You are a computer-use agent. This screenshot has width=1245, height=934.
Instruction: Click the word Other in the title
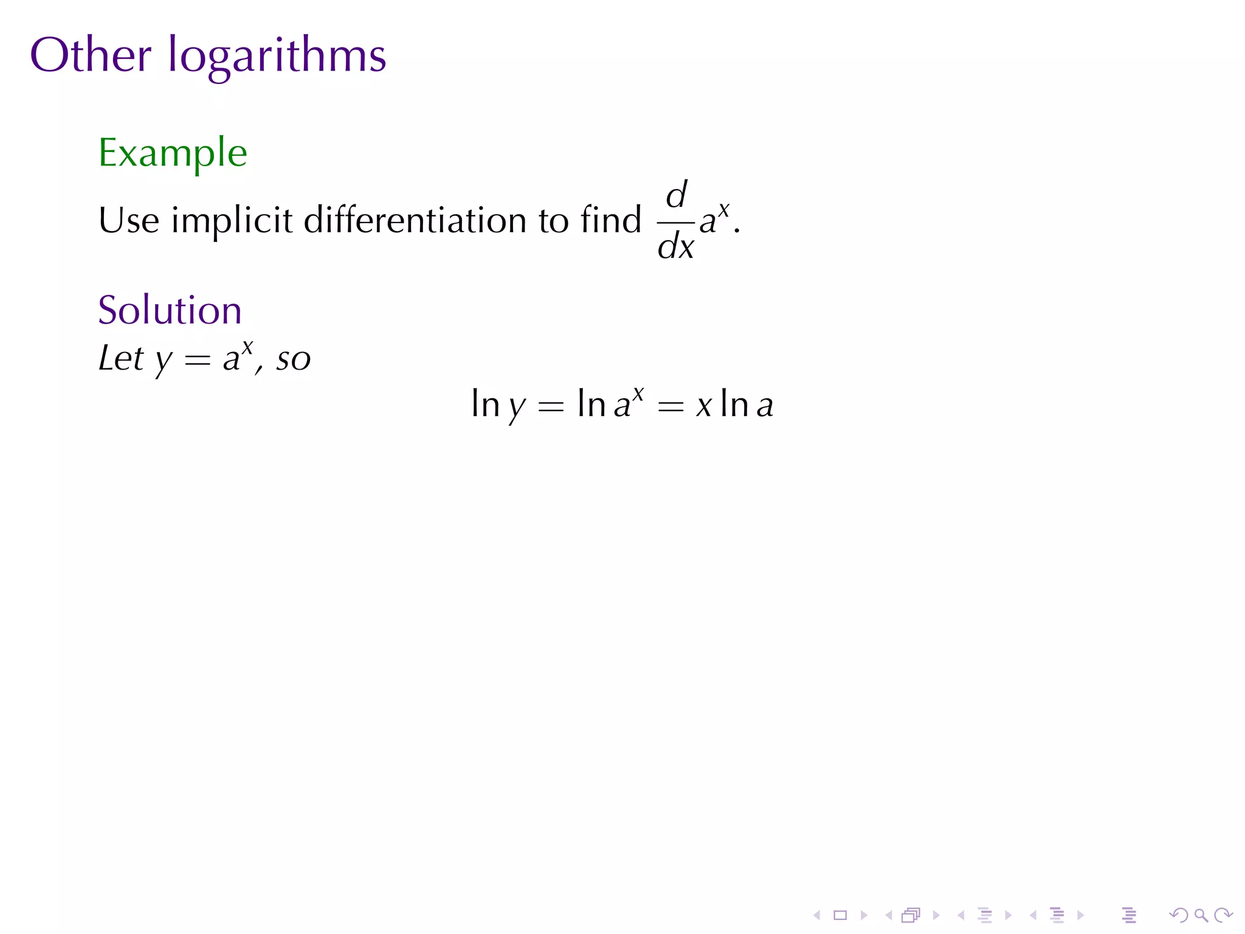[90, 55]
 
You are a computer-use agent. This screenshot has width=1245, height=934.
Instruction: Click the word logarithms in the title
[277, 57]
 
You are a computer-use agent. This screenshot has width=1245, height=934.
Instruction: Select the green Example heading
[173, 153]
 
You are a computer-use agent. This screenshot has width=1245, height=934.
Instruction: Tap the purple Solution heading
[170, 310]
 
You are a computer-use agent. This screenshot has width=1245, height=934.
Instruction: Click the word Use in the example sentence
[128, 220]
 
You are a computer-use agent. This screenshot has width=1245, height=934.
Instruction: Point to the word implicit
[232, 221]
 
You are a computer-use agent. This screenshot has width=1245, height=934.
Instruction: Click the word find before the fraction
[610, 220]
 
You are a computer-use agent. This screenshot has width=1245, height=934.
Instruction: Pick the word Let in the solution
[121, 358]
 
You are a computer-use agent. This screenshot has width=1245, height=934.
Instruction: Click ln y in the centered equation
[498, 405]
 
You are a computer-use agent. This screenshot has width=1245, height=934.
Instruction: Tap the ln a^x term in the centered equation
[610, 404]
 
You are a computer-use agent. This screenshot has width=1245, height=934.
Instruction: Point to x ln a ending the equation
[734, 405]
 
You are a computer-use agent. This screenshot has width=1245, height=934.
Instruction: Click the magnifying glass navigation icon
[1201, 915]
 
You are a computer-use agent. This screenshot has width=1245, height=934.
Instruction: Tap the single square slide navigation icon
[840, 915]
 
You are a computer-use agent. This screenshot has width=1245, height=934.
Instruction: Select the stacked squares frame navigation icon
[911, 915]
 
